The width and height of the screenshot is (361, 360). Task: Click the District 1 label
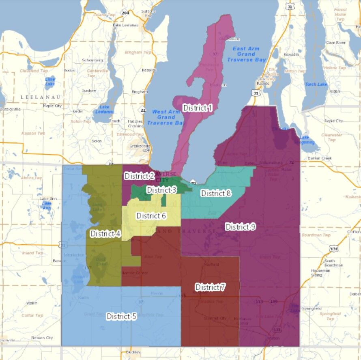[x=198, y=108]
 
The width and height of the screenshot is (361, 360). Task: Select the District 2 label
[x=139, y=176]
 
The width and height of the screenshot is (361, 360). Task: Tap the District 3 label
[x=161, y=190]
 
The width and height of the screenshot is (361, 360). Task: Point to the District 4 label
[x=105, y=233]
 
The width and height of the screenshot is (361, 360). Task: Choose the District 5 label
[x=121, y=316]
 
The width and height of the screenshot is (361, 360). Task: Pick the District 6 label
[x=151, y=216]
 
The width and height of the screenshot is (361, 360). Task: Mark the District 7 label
[x=210, y=287]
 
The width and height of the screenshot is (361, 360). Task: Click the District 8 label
[x=216, y=193]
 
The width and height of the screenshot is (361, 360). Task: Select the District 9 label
[x=240, y=226]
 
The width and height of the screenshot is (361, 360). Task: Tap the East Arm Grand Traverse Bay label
[x=246, y=54]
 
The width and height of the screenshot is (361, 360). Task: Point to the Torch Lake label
[x=316, y=84]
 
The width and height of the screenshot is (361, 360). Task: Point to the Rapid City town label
[x=333, y=121]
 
